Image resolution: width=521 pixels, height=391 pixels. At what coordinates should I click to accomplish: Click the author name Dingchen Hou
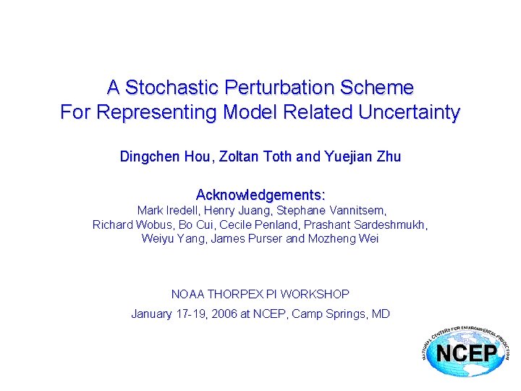tap(151, 156)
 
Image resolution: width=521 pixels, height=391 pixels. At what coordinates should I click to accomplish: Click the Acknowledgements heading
tap(260, 195)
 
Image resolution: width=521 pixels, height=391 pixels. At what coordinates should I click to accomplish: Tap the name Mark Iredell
tap(166, 211)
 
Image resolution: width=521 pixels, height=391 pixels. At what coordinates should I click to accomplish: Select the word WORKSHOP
tap(315, 294)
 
